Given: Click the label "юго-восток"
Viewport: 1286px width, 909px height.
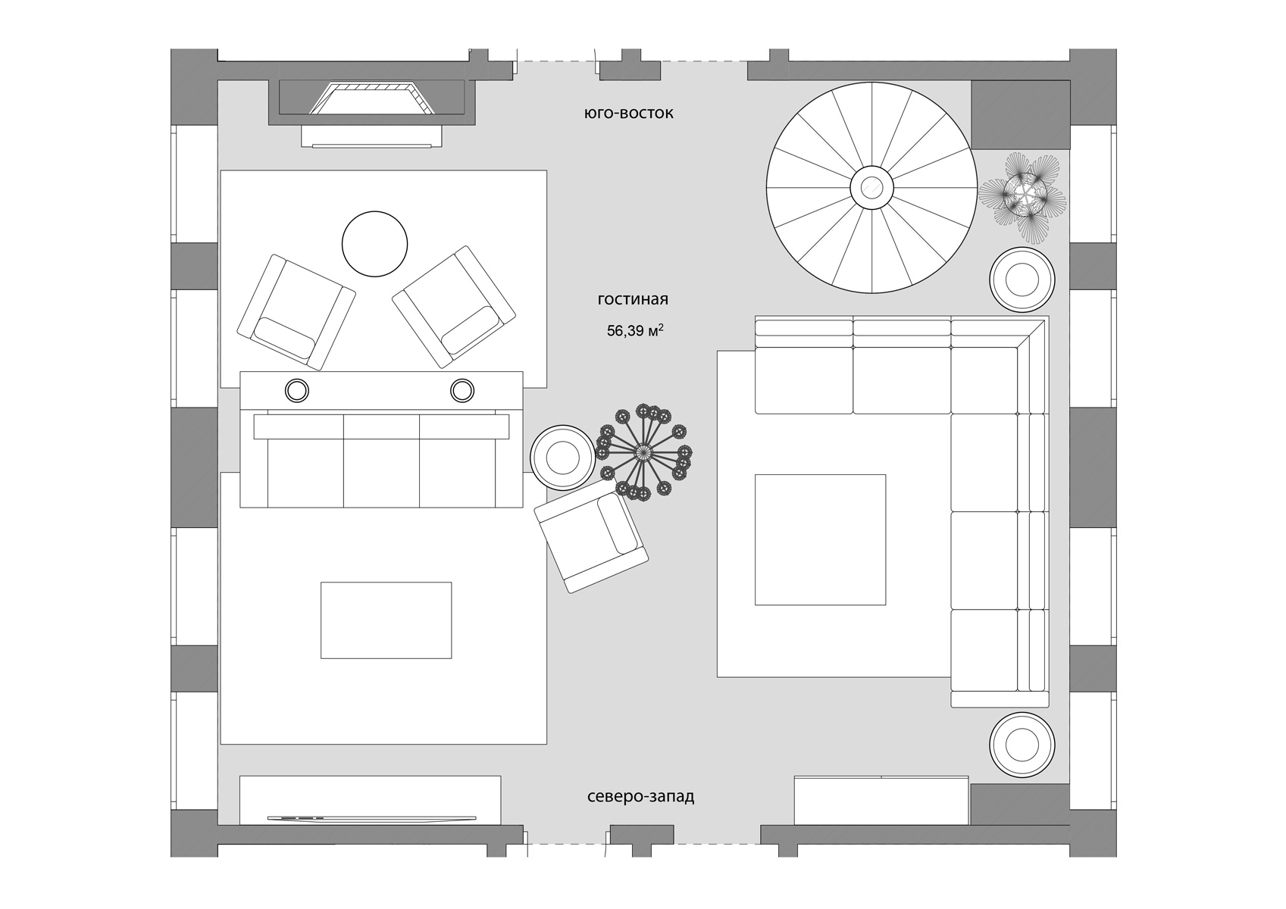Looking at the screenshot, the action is click(x=629, y=113).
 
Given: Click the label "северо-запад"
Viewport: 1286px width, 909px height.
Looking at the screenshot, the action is click(x=640, y=797).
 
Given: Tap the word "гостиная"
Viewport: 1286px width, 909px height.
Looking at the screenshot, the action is click(x=633, y=299).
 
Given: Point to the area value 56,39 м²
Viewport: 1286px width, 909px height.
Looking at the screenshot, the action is click(x=636, y=330).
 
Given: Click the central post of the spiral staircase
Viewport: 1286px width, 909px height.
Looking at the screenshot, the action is click(x=871, y=187).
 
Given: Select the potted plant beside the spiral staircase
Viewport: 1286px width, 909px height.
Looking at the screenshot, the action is click(x=1022, y=196).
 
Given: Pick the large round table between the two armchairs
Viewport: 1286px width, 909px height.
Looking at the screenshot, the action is click(x=374, y=244).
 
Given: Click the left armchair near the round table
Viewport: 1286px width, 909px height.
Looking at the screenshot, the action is click(x=296, y=312).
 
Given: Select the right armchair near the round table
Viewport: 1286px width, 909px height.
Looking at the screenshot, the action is click(x=453, y=307).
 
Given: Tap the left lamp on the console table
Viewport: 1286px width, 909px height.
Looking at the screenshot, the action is click(x=297, y=391).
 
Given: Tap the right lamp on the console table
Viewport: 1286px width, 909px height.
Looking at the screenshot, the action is click(x=462, y=391).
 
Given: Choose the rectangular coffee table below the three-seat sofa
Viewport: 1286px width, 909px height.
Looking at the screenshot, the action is click(x=386, y=620).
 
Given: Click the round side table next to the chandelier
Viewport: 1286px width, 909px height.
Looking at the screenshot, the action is click(x=562, y=458).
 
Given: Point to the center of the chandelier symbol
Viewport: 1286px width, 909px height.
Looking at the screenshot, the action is click(x=643, y=453).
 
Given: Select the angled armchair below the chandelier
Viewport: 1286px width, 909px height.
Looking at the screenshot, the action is click(x=591, y=543).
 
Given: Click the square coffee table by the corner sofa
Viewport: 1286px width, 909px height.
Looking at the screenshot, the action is click(x=821, y=539).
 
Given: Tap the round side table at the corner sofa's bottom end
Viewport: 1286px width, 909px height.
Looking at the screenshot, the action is click(x=1022, y=745).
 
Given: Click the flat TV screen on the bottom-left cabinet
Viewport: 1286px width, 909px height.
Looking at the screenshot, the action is click(x=372, y=818).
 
